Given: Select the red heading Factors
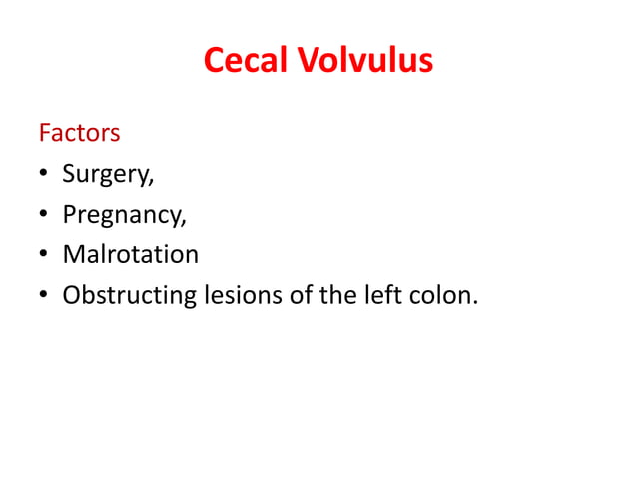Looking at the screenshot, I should tap(79, 132).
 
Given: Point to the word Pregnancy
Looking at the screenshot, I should tap(122, 215).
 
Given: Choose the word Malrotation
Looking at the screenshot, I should tap(130, 254).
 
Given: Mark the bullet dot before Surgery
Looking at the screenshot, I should tap(45, 175).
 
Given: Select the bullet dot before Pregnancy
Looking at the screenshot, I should tap(45, 216).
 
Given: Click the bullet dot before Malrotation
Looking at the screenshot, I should tap(45, 255).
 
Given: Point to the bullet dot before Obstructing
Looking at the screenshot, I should tap(45, 296).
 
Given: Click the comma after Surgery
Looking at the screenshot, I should tap(152, 182).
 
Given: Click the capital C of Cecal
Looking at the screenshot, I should tap(214, 61).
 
